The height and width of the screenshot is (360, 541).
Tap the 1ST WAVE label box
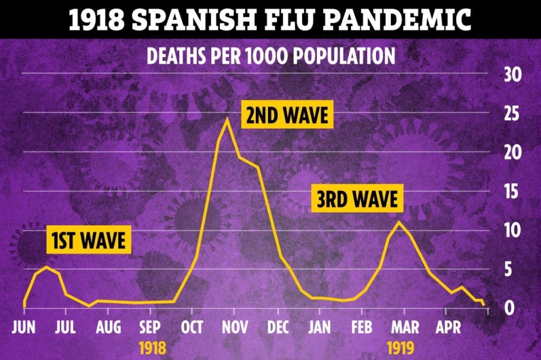pyautogui.click(x=88, y=241)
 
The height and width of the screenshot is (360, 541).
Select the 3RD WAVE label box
pyautogui.click(x=357, y=200)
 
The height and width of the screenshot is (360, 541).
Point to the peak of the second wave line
pyautogui.click(x=227, y=119)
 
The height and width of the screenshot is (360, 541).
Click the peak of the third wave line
pyautogui.click(x=399, y=222)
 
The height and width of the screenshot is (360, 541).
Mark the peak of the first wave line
pyautogui.click(x=46, y=267)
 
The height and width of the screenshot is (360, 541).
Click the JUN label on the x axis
pyautogui.click(x=24, y=327)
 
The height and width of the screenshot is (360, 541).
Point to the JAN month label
pyautogui.click(x=320, y=327)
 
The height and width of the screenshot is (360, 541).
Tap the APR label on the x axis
pyautogui.click(x=448, y=327)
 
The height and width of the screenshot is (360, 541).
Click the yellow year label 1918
pyautogui.click(x=152, y=348)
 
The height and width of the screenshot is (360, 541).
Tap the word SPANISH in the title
pyautogui.click(x=191, y=20)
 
